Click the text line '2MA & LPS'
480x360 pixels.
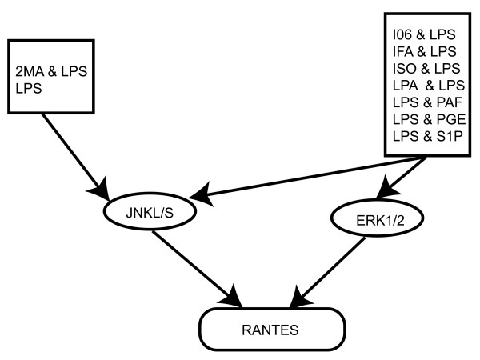(x=51, y=71)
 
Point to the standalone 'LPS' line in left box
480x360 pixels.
(x=29, y=89)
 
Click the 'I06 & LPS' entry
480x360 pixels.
(x=424, y=34)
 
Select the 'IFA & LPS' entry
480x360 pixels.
(x=425, y=51)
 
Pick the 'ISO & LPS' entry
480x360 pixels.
(x=426, y=68)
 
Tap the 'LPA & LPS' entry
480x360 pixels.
(x=429, y=86)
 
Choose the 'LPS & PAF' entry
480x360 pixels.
(x=427, y=102)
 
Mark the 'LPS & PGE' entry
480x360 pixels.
(x=429, y=119)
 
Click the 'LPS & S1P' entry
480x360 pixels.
(x=428, y=136)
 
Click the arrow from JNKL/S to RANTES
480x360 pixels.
(x=197, y=269)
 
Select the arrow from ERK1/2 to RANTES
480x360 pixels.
(x=327, y=273)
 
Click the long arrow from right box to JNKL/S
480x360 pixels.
(x=303, y=178)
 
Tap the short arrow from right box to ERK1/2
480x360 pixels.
(x=401, y=178)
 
